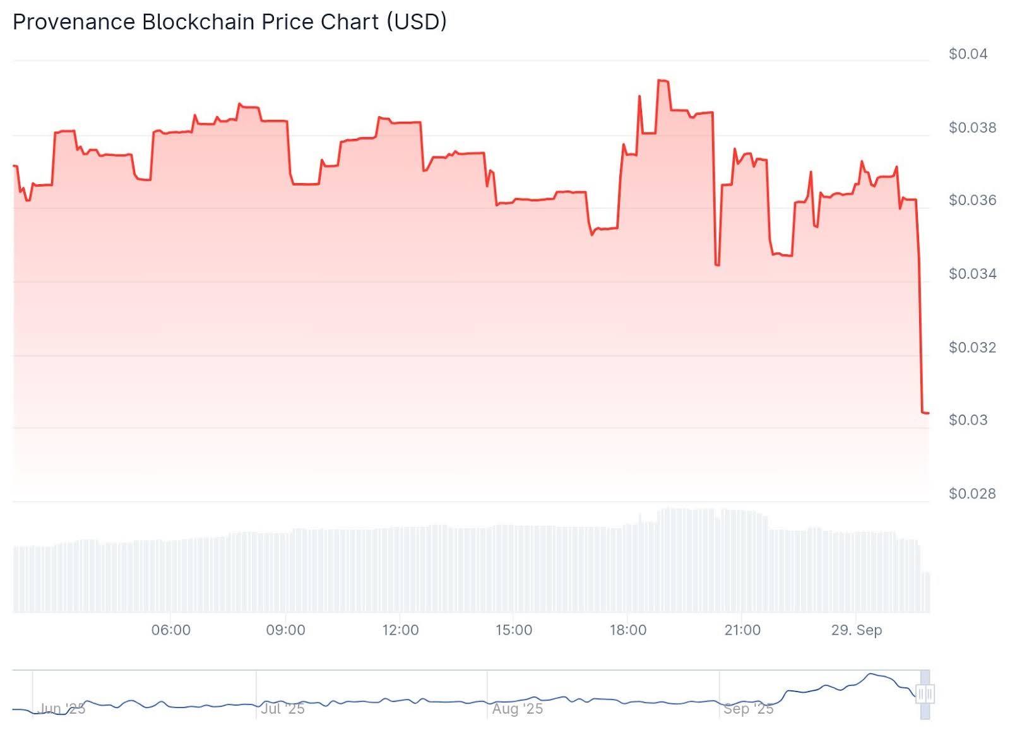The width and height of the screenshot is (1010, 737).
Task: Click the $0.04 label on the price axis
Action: (968, 54)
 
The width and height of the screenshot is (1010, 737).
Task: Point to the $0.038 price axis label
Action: (972, 128)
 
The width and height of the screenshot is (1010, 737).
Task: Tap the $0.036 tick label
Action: (972, 201)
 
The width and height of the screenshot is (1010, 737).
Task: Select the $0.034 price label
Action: (972, 274)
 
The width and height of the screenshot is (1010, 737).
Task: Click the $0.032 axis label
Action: (972, 348)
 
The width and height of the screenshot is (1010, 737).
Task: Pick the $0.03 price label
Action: (968, 420)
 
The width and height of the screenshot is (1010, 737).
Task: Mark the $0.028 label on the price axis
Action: (972, 493)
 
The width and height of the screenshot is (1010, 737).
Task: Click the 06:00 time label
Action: (171, 630)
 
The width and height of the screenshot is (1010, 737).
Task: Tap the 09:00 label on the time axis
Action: (285, 630)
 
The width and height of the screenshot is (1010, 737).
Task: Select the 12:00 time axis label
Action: (400, 630)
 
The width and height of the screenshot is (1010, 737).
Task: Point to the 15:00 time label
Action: (514, 630)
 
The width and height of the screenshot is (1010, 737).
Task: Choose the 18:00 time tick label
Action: (628, 630)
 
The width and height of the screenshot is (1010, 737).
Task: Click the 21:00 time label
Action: (742, 630)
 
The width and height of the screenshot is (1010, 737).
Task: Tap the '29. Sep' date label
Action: (857, 630)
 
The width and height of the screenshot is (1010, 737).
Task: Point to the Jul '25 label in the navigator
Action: (283, 709)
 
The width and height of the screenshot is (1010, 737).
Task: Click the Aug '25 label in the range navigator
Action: (518, 709)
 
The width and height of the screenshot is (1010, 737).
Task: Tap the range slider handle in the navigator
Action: (925, 694)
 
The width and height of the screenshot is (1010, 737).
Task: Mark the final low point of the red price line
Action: (925, 413)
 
